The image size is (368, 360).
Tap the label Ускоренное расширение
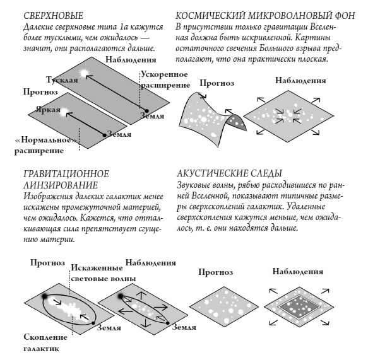(164, 79)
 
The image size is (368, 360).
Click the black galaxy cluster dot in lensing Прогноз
(45, 279)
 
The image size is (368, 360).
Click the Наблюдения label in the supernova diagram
(131, 59)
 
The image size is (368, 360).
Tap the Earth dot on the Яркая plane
(104, 134)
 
